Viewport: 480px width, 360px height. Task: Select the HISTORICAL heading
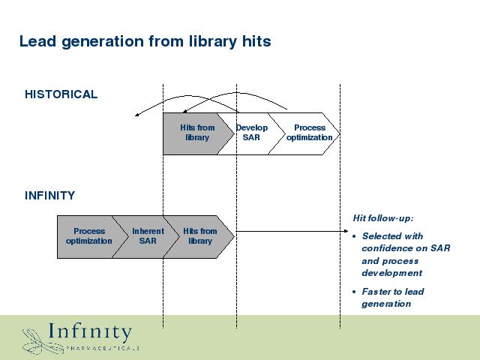61,94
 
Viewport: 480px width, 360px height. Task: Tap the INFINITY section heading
50,196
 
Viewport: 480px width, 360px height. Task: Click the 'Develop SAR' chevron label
252,133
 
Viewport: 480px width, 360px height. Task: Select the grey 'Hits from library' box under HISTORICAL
196,133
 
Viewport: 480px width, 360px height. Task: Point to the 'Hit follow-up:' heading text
383,218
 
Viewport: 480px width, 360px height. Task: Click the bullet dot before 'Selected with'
354,237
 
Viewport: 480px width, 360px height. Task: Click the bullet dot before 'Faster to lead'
354,292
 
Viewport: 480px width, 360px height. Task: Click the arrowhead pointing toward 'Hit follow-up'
346,231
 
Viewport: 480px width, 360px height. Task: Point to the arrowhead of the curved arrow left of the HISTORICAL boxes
136,115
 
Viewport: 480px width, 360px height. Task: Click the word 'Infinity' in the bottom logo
90,332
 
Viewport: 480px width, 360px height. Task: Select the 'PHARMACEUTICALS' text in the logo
103,348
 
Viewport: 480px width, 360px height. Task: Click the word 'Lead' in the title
37,41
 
